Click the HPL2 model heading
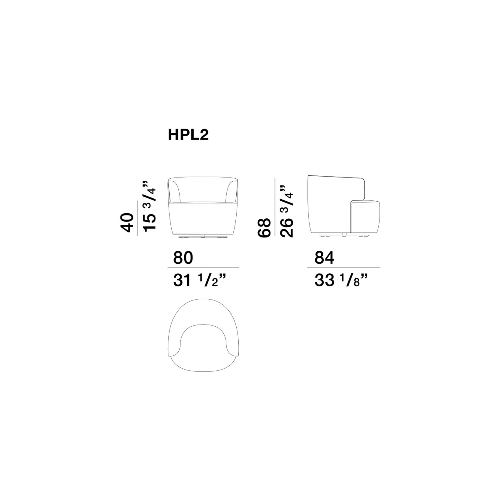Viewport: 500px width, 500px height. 188,135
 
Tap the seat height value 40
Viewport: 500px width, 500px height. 127,223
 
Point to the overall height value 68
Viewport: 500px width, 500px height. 264,228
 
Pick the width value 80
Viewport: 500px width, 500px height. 183,258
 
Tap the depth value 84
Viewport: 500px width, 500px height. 325,258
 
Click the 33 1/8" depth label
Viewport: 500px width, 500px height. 341,281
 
